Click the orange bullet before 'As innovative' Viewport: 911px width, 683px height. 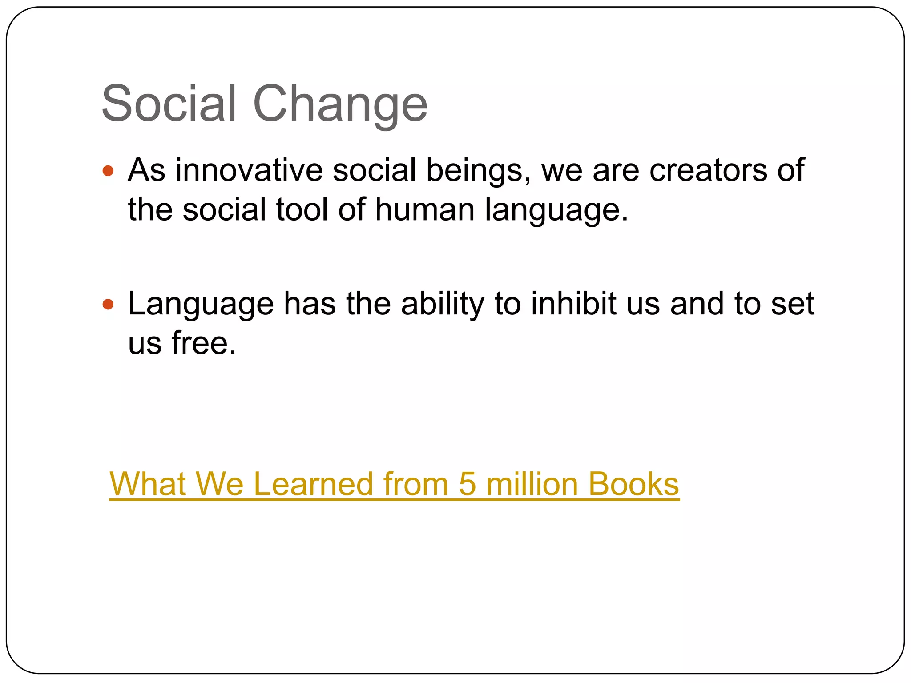click(108, 170)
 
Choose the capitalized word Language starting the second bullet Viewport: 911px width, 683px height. click(201, 305)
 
